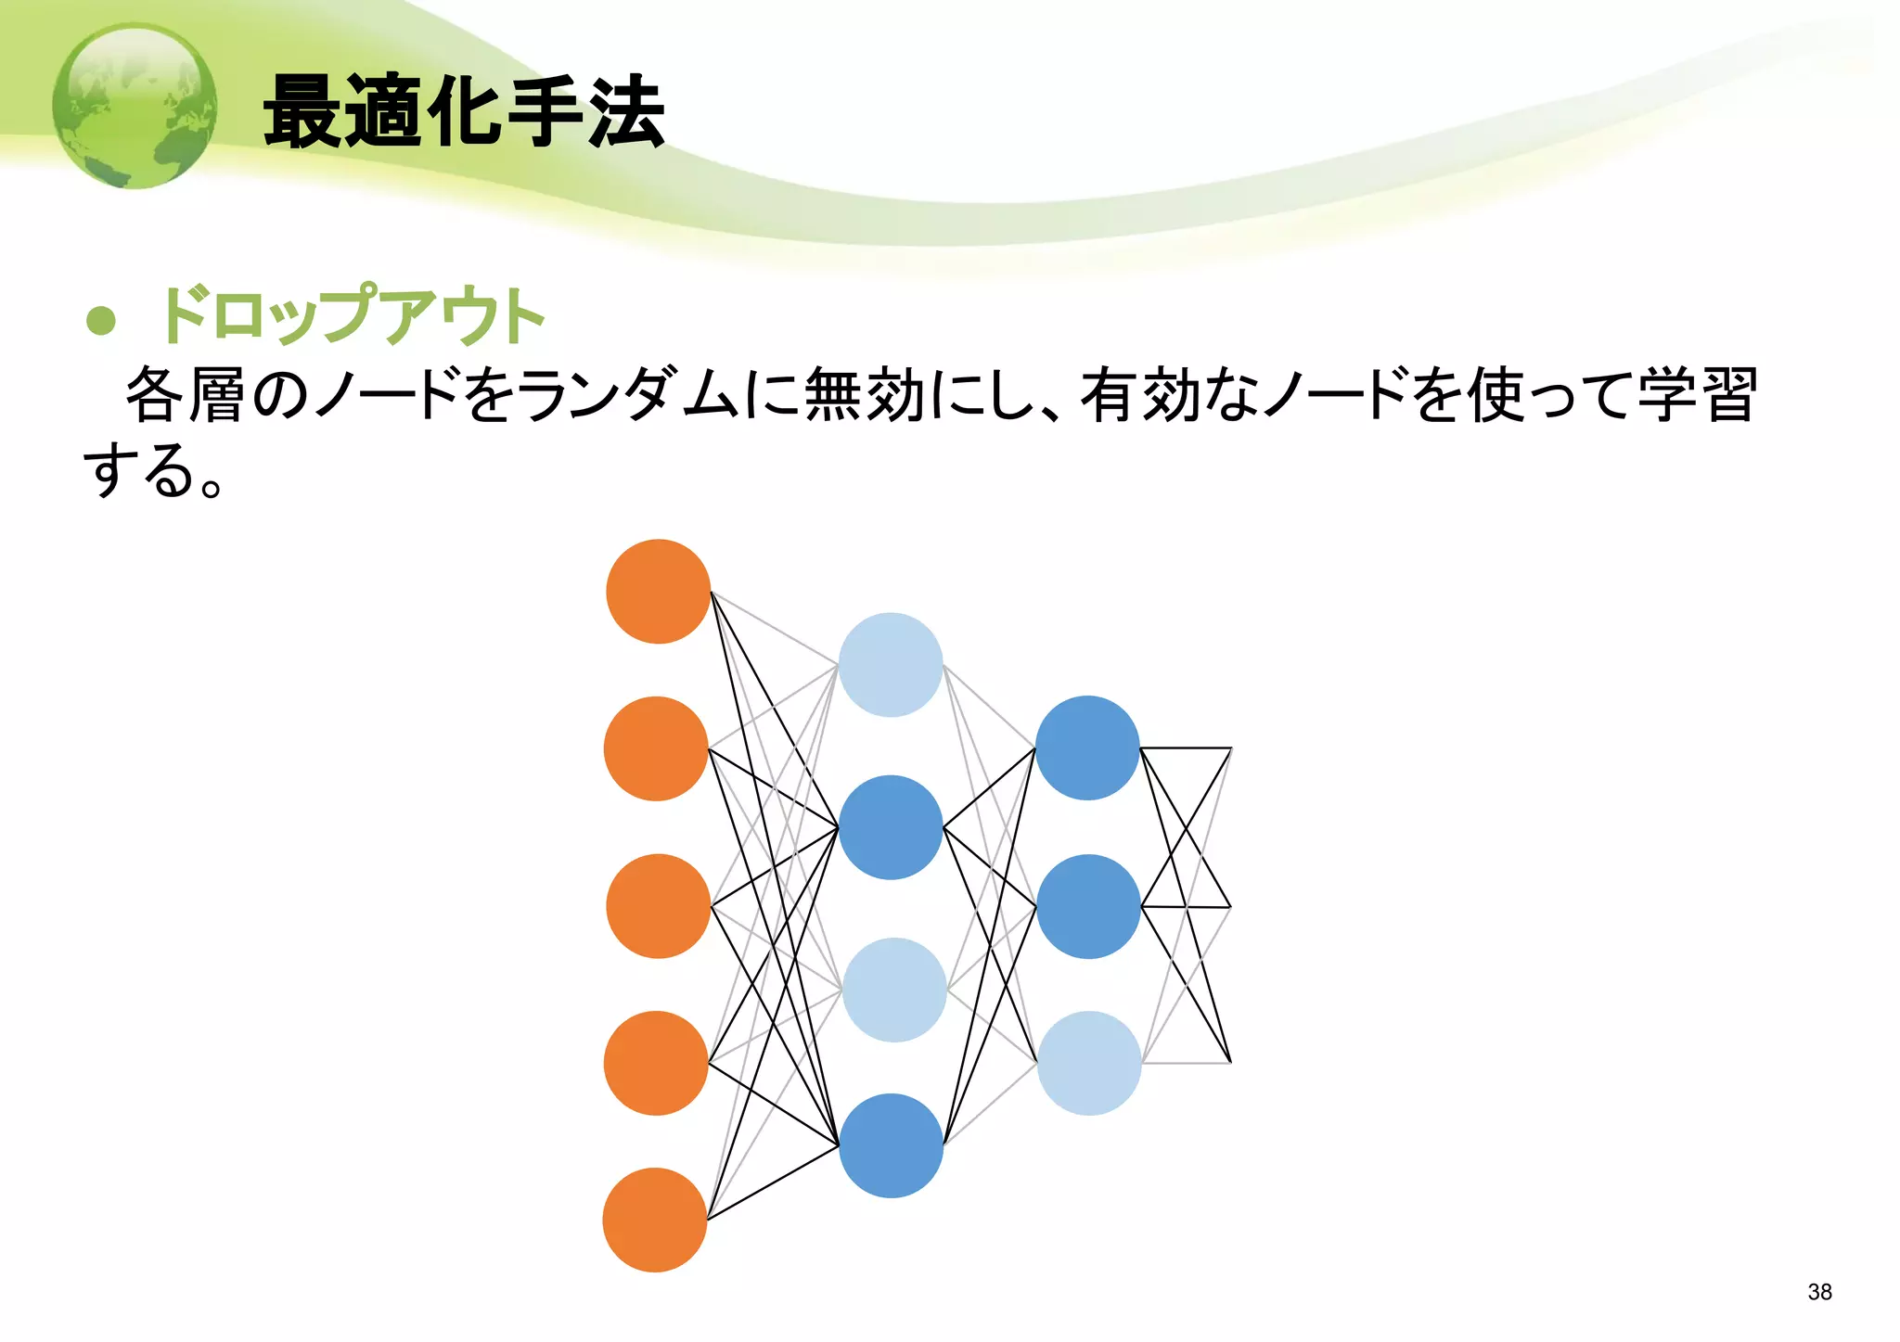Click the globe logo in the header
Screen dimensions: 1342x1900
click(x=135, y=106)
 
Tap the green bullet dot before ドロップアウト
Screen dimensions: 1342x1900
click(x=100, y=320)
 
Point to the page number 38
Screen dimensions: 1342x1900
click(x=1819, y=1292)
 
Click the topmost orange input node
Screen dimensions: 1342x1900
click(x=658, y=591)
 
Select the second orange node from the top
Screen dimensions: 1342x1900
click(x=656, y=748)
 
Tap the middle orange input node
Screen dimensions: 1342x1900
click(x=658, y=906)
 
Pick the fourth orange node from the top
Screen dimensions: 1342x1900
click(x=656, y=1063)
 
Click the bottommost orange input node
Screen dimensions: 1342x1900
click(x=655, y=1220)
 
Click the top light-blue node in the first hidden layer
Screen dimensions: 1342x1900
click(x=891, y=664)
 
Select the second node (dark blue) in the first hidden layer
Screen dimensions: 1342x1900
click(x=891, y=827)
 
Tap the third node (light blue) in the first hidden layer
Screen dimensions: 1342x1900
click(x=893, y=990)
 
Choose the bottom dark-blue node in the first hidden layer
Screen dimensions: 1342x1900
click(x=891, y=1145)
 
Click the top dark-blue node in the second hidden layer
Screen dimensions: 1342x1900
click(x=1087, y=748)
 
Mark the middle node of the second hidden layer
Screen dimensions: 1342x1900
click(x=1088, y=906)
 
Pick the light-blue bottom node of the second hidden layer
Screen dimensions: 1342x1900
click(x=1089, y=1063)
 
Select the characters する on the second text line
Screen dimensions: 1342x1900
click(x=139, y=470)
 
